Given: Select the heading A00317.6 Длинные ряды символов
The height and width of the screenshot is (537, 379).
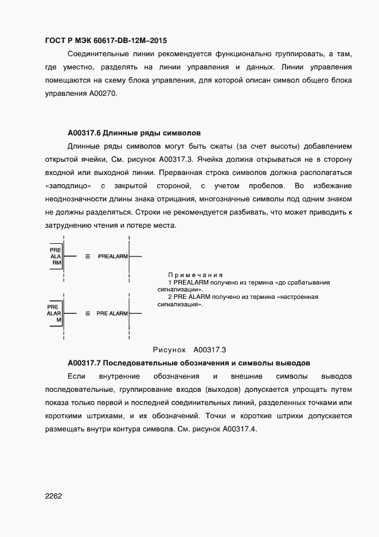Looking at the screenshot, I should point(134,131).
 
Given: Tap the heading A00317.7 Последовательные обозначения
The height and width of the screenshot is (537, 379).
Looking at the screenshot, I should point(189,363).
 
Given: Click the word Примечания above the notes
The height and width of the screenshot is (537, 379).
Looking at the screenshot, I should point(195,275).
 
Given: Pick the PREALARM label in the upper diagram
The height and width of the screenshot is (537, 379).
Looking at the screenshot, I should point(113,256).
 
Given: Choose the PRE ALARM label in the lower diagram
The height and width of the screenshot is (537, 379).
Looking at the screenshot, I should point(112,314).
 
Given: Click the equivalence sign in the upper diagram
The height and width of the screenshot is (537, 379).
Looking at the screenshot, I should point(87,256).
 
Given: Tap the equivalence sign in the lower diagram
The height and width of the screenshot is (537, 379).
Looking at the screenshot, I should point(87,314).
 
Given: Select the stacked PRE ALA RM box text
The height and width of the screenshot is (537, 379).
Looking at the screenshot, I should point(55,256).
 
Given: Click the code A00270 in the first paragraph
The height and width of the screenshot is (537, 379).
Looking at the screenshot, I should point(103,94).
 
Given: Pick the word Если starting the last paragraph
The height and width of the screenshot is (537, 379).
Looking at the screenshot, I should point(76,376).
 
